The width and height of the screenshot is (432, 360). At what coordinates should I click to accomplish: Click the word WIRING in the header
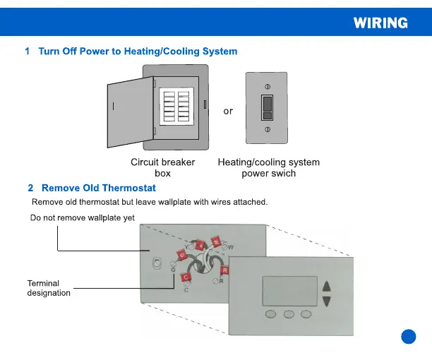click(380, 23)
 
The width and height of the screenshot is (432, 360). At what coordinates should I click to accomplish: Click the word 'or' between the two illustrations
click(228, 111)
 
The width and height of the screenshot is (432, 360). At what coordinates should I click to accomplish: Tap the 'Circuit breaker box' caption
click(163, 167)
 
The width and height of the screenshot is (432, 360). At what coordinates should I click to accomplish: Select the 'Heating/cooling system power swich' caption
click(268, 167)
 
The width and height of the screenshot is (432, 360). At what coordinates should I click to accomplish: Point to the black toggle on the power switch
click(267, 107)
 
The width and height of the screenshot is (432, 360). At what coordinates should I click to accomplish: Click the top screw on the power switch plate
click(267, 85)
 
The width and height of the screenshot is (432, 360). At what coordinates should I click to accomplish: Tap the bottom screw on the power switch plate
click(267, 129)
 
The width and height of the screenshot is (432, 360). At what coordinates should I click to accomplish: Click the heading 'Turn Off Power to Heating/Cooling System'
click(138, 52)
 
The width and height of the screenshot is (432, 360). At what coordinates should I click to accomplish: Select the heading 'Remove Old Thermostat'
click(99, 188)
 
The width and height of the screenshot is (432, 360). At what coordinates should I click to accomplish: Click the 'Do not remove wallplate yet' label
click(82, 218)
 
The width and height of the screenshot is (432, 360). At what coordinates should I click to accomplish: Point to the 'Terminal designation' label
click(49, 288)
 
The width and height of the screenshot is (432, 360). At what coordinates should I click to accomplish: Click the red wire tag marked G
click(182, 254)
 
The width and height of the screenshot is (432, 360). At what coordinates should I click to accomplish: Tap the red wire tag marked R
click(224, 270)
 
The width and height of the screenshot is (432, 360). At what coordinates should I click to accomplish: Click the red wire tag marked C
click(186, 278)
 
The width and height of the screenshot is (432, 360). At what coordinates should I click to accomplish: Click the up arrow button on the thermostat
click(326, 287)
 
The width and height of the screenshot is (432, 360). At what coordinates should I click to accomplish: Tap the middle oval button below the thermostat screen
click(289, 314)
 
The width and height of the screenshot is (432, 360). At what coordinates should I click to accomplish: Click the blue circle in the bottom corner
click(409, 336)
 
